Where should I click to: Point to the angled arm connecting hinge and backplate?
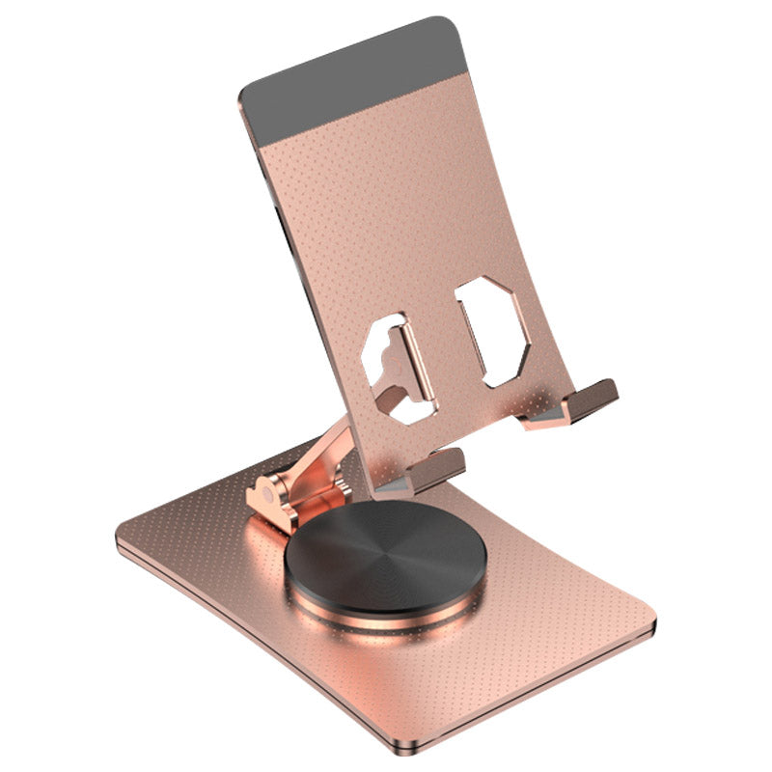pos(323,454)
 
